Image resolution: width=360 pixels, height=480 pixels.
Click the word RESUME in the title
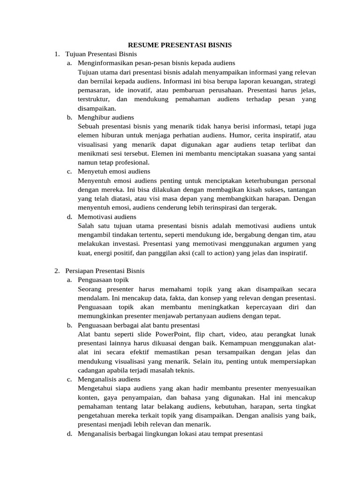(x=142, y=45)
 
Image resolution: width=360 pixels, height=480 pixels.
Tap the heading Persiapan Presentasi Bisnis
(x=105, y=270)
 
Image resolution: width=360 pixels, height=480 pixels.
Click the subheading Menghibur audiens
(x=106, y=117)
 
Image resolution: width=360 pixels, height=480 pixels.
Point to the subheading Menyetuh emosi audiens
(x=114, y=172)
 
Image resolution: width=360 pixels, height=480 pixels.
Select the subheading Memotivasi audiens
(x=107, y=217)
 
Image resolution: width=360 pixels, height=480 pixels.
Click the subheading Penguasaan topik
(x=103, y=280)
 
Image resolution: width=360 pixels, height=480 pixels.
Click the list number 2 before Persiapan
(x=56, y=270)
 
